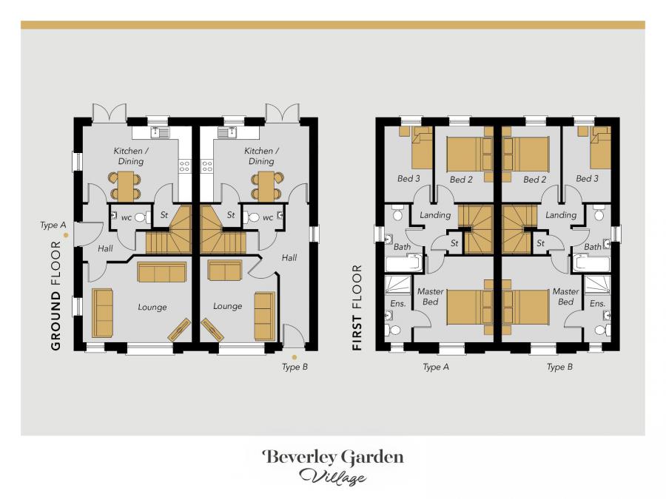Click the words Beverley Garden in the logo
click(x=332, y=457)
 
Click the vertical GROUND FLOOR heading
click(x=55, y=294)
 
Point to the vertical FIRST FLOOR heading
click(x=357, y=307)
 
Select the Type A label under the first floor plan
click(x=436, y=367)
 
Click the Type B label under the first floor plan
click(x=560, y=367)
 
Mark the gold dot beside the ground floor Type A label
click(x=66, y=235)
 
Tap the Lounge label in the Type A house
click(x=152, y=307)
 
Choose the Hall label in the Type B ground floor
click(x=289, y=258)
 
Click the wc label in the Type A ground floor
click(x=126, y=218)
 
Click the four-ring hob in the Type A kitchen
click(x=184, y=166)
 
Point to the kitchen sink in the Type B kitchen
click(x=227, y=133)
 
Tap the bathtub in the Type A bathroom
click(x=403, y=263)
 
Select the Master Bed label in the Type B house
click(x=565, y=296)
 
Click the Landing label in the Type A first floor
click(x=435, y=215)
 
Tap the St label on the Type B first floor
click(x=541, y=242)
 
